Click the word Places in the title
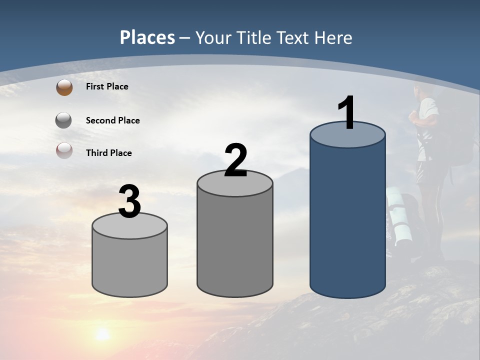147,37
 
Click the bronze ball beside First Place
64,87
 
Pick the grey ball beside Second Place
64,120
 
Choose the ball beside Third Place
64,150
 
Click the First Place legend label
107,86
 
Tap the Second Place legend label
112,120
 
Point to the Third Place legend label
108,153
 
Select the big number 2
235,160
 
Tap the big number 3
130,202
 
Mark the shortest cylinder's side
130,265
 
